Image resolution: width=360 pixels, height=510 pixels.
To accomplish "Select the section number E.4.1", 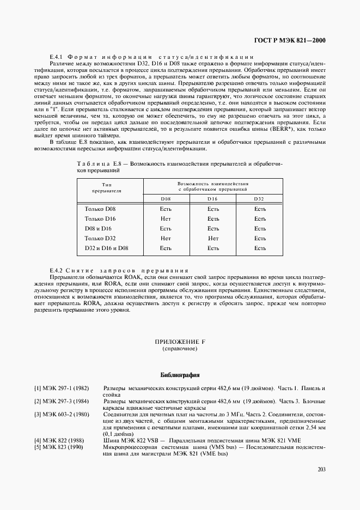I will [58, 57].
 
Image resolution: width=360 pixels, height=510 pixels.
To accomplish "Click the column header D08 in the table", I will [166, 198].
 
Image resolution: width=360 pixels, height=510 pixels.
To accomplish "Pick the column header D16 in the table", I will [213, 198].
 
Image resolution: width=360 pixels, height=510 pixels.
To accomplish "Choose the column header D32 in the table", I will [260, 198].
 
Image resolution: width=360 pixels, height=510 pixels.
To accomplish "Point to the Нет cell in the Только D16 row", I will [166, 218].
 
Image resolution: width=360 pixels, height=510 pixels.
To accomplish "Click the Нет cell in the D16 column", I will [213, 238].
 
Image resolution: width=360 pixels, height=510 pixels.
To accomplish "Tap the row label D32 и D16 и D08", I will [106, 248].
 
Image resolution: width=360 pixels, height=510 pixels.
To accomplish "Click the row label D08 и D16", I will [98, 228].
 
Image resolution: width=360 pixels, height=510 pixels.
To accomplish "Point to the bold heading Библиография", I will [180, 375].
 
